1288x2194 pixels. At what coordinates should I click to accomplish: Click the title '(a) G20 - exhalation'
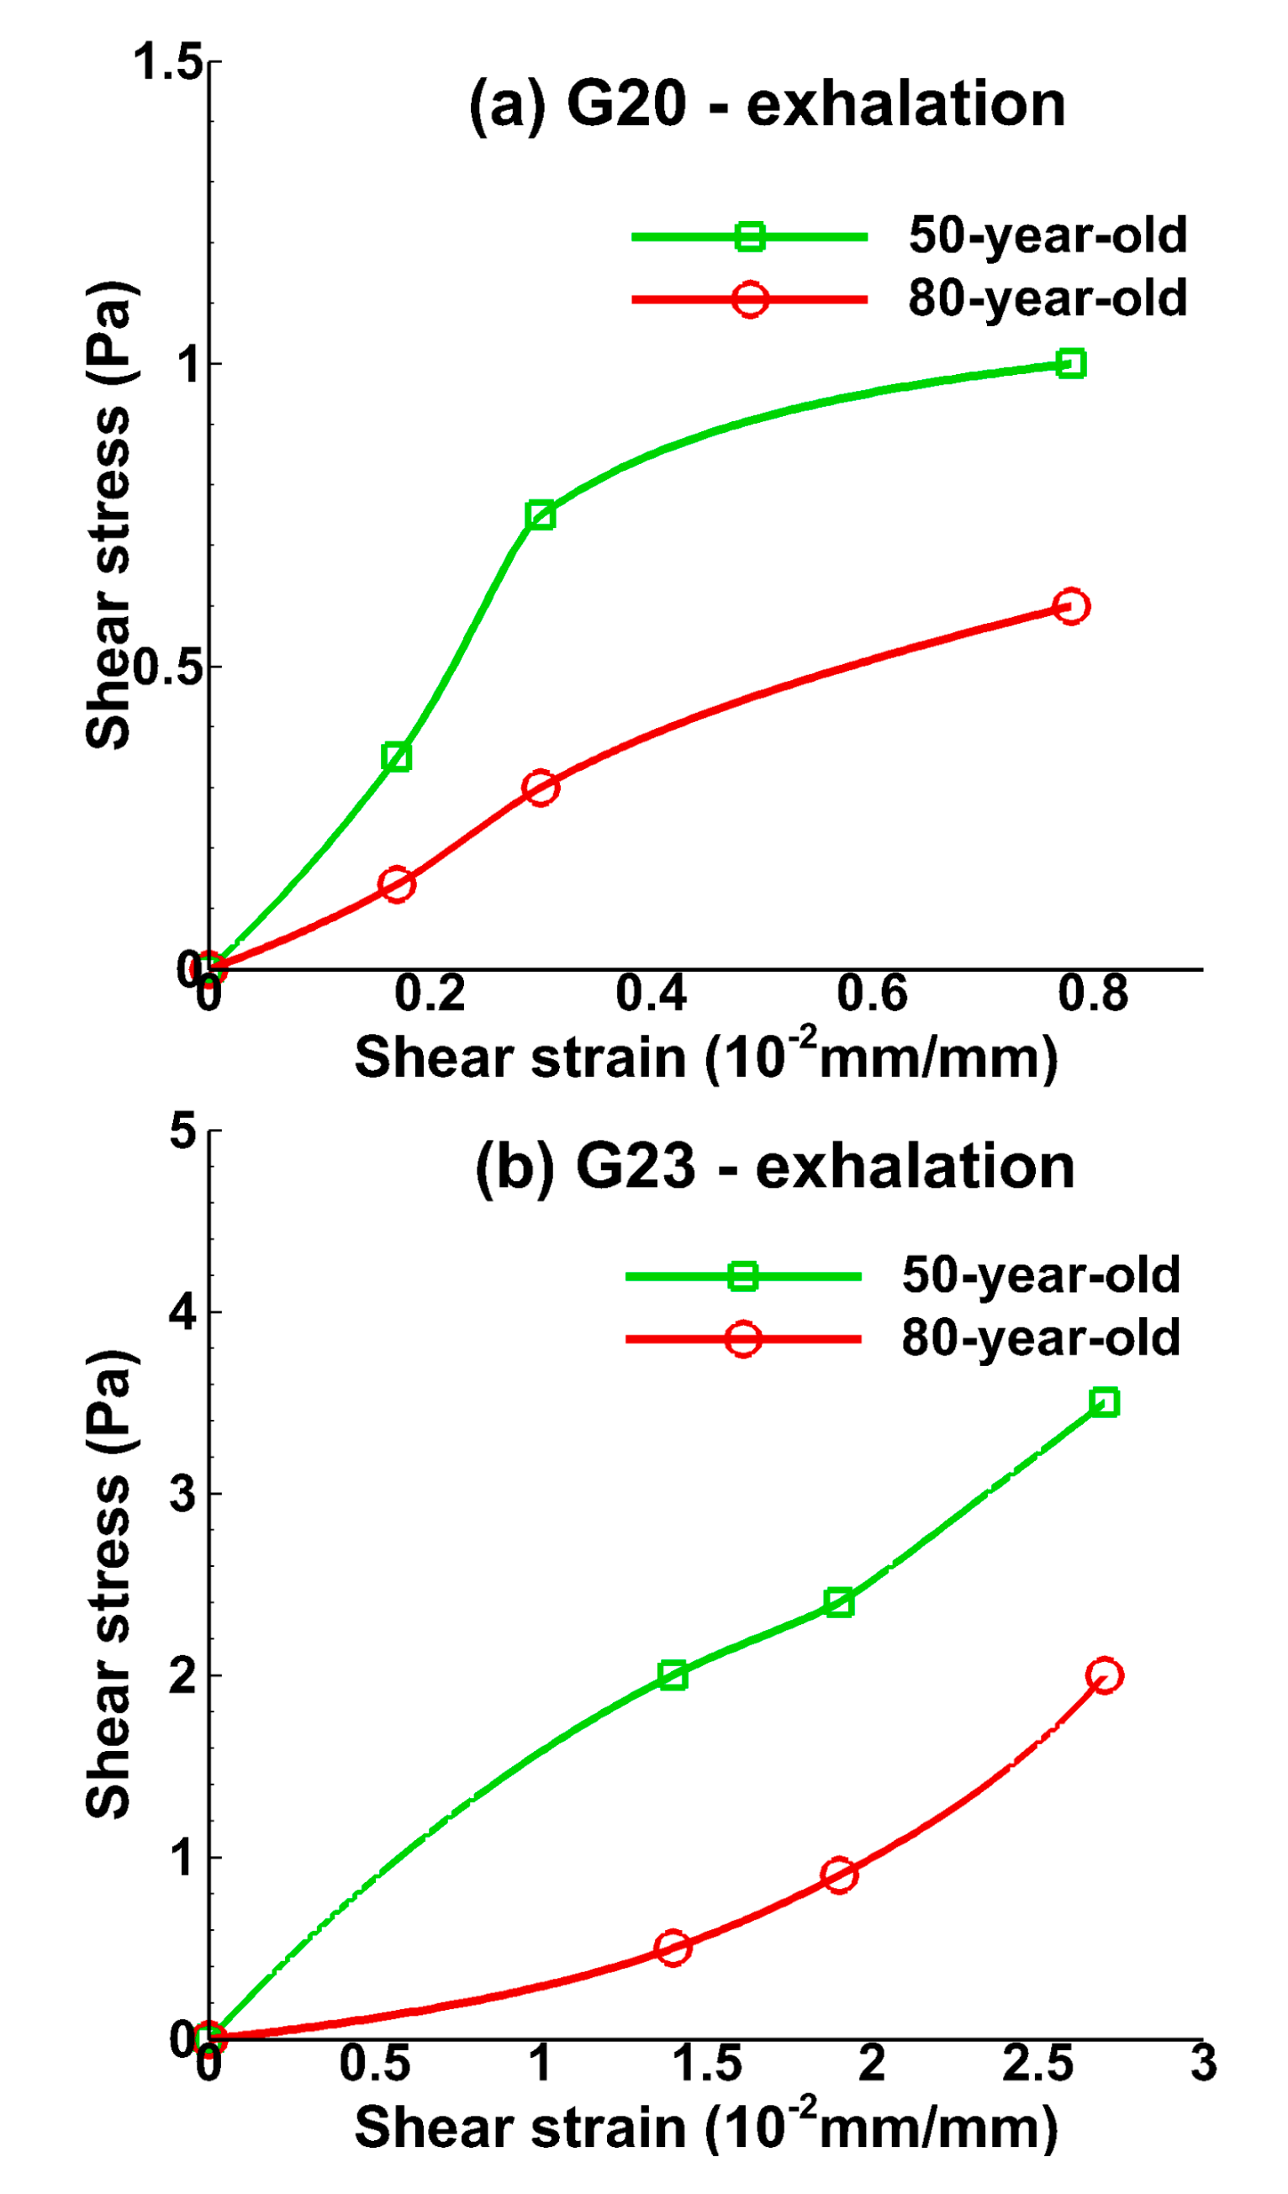click(x=767, y=105)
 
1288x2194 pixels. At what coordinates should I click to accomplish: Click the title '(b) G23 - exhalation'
click(x=774, y=1168)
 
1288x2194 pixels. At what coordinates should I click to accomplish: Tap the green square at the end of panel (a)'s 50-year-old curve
click(x=1070, y=364)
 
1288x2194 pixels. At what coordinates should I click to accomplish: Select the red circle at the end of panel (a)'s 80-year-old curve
click(x=1071, y=607)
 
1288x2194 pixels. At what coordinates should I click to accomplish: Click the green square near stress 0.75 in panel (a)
click(x=540, y=516)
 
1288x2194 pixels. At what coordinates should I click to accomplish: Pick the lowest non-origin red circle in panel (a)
click(x=396, y=885)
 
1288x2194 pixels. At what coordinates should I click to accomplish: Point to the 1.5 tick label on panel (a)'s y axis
click(x=167, y=63)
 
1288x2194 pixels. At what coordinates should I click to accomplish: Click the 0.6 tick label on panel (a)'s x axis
click(x=872, y=994)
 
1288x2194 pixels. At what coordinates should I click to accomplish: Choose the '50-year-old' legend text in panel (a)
click(x=1047, y=235)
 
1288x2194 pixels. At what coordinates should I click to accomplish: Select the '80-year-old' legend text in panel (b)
click(x=1041, y=1338)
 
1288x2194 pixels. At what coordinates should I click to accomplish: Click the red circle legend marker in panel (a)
click(x=750, y=299)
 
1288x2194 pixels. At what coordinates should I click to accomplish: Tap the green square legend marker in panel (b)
click(x=743, y=1277)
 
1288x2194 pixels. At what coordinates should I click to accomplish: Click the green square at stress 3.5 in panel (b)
click(x=1104, y=1403)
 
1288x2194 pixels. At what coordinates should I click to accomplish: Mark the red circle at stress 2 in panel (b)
click(x=1104, y=1676)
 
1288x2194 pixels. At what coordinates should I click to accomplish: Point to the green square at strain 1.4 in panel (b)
click(x=673, y=1675)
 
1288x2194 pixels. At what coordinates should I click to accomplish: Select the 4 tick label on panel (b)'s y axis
click(x=183, y=1312)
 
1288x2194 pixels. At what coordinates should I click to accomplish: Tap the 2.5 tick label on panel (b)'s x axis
click(x=1037, y=2065)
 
